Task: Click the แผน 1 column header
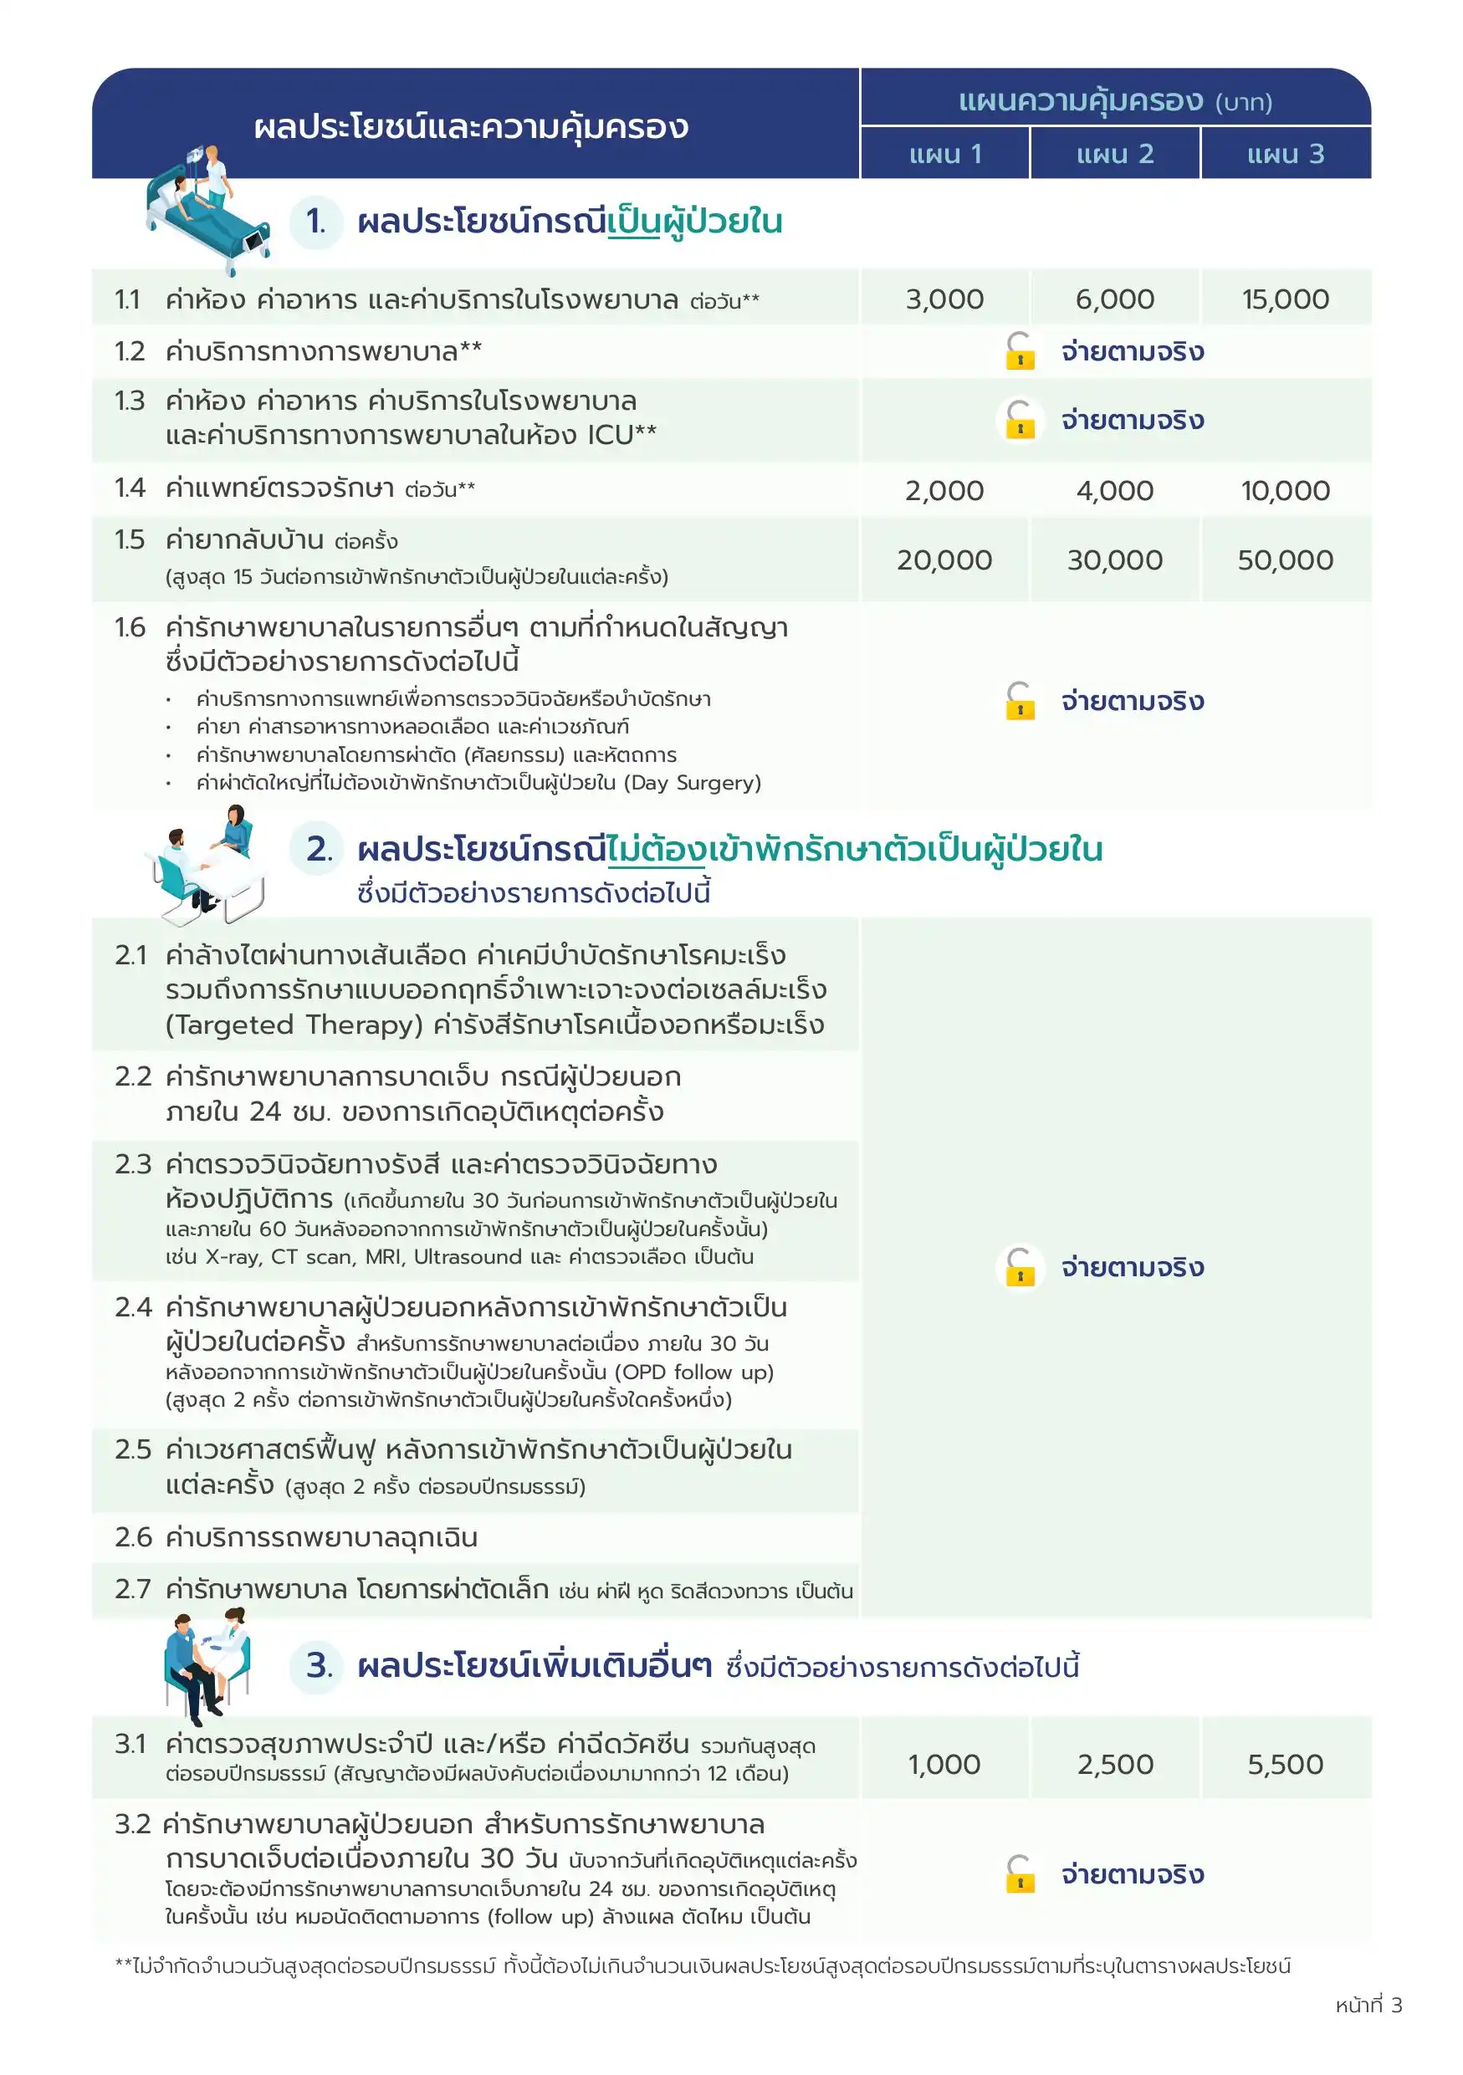pyautogui.click(x=944, y=154)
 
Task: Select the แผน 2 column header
pyautogui.click(x=1114, y=154)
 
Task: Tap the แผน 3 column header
pyautogui.click(x=1285, y=154)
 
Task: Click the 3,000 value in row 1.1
pyautogui.click(x=944, y=299)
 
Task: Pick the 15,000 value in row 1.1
pyautogui.click(x=1285, y=299)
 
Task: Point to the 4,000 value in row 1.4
pyautogui.click(x=1114, y=491)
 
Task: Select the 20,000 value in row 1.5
pyautogui.click(x=944, y=560)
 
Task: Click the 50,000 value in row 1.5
pyautogui.click(x=1285, y=560)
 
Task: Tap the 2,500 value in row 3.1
pyautogui.click(x=1114, y=1764)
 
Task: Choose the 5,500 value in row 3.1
pyautogui.click(x=1285, y=1764)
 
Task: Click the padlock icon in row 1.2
pyautogui.click(x=1021, y=351)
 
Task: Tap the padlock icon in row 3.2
pyautogui.click(x=1021, y=1873)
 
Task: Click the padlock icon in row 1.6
pyautogui.click(x=1021, y=702)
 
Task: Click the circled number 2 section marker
pyautogui.click(x=317, y=849)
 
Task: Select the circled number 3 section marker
pyautogui.click(x=317, y=1664)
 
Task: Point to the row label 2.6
pyautogui.click(x=133, y=1537)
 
